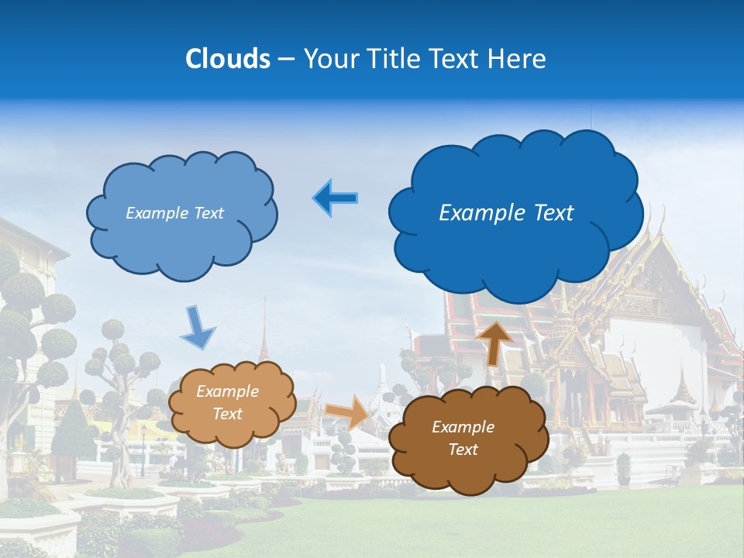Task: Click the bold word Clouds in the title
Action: (227, 59)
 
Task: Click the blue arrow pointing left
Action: (335, 198)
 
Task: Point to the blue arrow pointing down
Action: (198, 327)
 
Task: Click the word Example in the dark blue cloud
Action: (480, 213)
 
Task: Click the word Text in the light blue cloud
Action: (208, 213)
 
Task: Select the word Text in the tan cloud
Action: (228, 414)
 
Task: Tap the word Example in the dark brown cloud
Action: (463, 427)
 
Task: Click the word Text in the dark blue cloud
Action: (552, 213)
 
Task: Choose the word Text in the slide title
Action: (456, 59)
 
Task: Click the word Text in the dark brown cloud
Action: (463, 449)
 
